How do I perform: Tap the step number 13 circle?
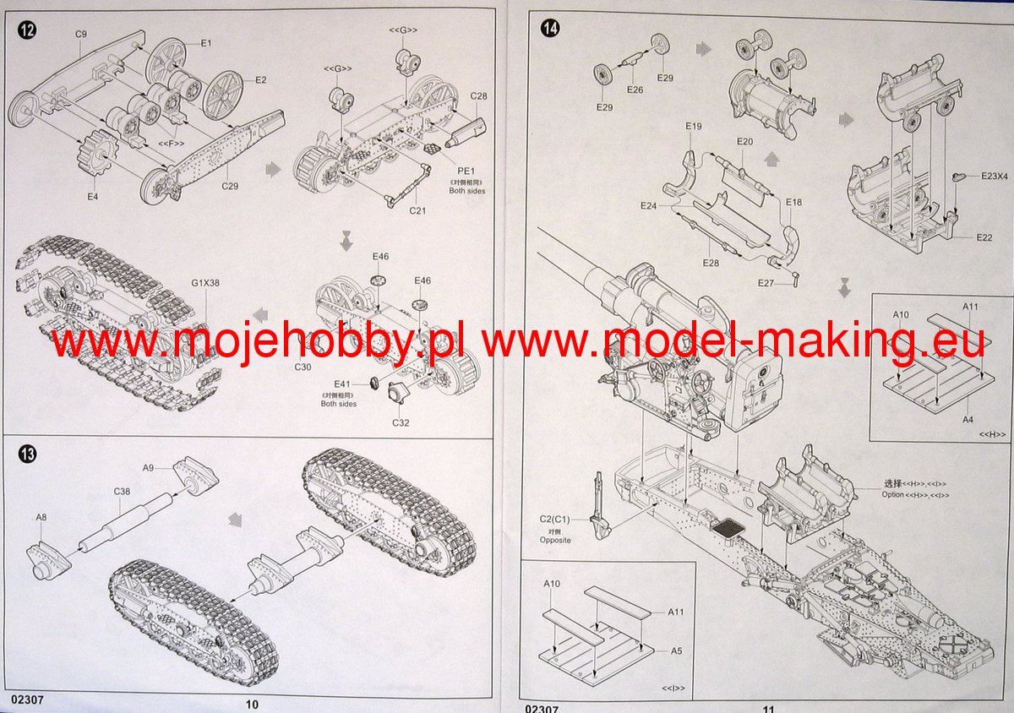point(27,455)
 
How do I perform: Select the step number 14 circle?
point(550,29)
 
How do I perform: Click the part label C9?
point(81,34)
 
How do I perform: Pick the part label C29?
point(228,185)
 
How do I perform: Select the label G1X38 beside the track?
point(205,283)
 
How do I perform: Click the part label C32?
point(401,422)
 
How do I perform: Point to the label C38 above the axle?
point(123,490)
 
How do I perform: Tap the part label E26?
point(635,89)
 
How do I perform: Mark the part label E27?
point(766,282)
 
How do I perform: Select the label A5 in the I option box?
point(676,651)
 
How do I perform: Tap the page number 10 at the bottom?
point(252,704)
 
